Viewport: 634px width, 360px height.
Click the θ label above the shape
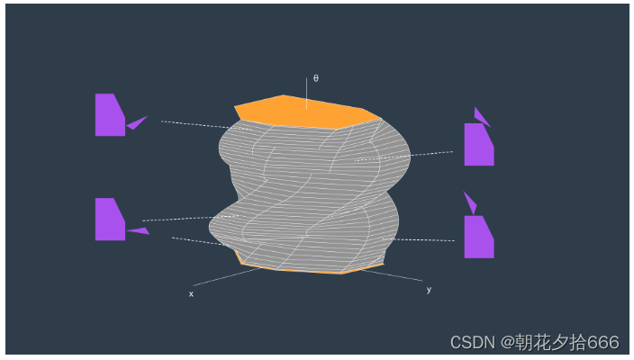pyautogui.click(x=315, y=77)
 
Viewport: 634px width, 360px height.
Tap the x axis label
pyautogui.click(x=191, y=293)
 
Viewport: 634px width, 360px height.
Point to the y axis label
pyautogui.click(x=429, y=289)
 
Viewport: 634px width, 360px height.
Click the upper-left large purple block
pyautogui.click(x=108, y=116)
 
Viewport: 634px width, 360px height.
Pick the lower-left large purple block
pyautogui.click(x=108, y=220)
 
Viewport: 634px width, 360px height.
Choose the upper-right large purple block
pyautogui.click(x=477, y=146)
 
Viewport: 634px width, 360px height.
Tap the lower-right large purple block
pyautogui.click(x=477, y=238)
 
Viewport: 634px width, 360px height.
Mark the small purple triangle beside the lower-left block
pyautogui.click(x=138, y=231)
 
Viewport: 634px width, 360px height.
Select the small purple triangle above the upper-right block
pyautogui.click(x=481, y=116)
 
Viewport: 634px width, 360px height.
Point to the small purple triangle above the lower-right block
pyautogui.click(x=469, y=202)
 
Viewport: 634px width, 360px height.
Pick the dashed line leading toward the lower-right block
pyautogui.click(x=423, y=239)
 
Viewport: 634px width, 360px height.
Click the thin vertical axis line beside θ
pyautogui.click(x=306, y=89)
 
